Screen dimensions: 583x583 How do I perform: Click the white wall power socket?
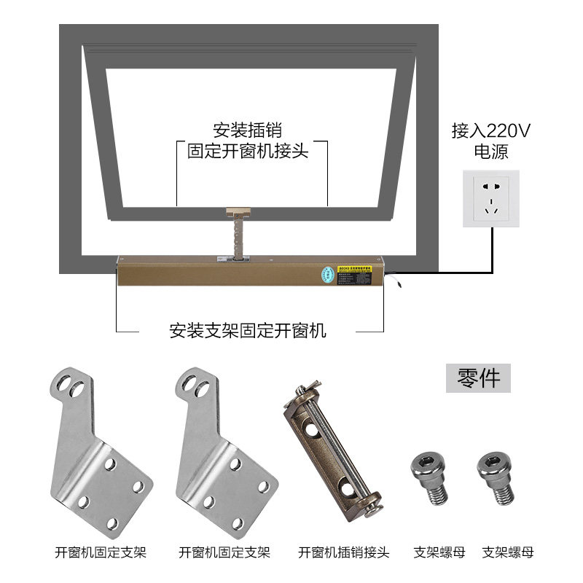(490, 198)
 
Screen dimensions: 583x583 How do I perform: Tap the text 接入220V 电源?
(490, 141)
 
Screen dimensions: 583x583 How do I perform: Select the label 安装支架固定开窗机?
(248, 331)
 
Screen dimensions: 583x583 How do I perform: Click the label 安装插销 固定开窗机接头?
(248, 141)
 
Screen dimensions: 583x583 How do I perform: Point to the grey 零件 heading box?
(479, 378)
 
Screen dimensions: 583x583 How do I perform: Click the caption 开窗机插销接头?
(344, 552)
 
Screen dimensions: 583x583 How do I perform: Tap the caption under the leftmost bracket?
(101, 552)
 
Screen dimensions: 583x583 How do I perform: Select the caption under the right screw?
(508, 552)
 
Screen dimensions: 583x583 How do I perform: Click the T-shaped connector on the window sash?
(238, 212)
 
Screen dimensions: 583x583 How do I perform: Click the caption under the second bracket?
(224, 552)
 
